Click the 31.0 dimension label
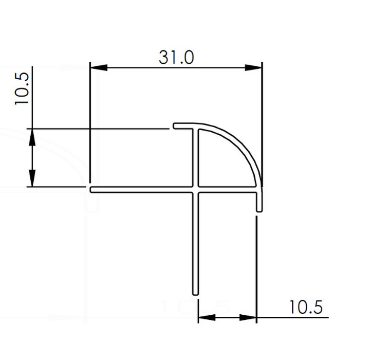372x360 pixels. point(176,58)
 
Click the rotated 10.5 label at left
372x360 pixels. point(22,88)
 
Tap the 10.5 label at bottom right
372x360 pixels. point(306,307)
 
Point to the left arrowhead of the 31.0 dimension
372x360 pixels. point(99,68)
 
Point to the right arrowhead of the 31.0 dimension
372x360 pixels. point(253,68)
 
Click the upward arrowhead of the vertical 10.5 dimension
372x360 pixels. point(32,137)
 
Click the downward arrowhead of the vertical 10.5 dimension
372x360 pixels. point(32,178)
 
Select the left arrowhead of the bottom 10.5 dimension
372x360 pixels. point(207,317)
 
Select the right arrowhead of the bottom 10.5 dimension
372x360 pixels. point(248,317)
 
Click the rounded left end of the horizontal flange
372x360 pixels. point(91,189)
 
